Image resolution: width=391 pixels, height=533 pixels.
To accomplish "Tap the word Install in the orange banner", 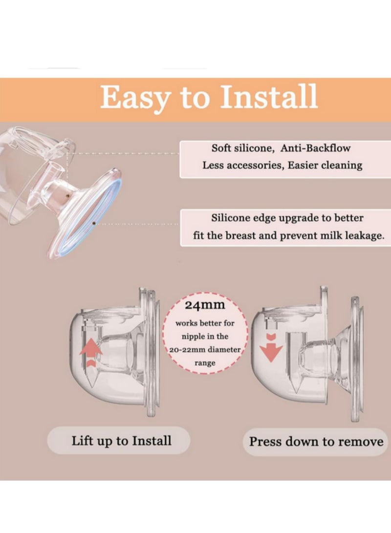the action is point(269,96).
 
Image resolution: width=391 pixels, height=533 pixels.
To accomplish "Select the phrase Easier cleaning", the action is point(325,165).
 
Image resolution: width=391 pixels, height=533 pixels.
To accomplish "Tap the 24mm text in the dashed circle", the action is point(205,305).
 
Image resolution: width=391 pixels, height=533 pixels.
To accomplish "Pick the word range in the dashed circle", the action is point(205,363).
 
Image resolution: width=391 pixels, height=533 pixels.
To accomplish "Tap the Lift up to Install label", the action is point(121,441).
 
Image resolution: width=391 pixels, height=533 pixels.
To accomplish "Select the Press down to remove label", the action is point(316,442).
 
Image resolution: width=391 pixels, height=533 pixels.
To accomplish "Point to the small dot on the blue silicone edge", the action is point(94,224).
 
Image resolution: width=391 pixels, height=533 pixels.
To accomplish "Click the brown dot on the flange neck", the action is point(67,195).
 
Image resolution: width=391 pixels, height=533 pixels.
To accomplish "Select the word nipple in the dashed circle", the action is point(193,337).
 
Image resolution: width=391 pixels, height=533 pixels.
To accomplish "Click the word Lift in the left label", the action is point(82,441).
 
